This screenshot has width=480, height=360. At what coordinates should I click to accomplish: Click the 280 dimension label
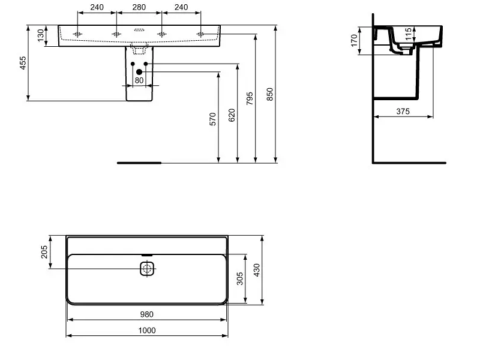(139, 7)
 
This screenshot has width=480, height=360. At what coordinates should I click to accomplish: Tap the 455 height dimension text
(23, 63)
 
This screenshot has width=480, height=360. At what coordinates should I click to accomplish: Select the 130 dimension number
(41, 35)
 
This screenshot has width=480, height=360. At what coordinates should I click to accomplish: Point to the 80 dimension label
(139, 80)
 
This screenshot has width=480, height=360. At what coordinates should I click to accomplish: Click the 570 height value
(213, 119)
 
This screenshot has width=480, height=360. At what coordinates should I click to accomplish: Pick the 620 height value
(232, 115)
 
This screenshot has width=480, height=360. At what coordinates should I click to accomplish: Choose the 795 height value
(250, 98)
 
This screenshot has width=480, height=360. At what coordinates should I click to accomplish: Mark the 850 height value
(269, 95)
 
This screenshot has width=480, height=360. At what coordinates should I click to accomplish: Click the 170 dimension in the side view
(354, 41)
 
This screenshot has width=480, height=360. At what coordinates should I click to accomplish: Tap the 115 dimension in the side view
(408, 34)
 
